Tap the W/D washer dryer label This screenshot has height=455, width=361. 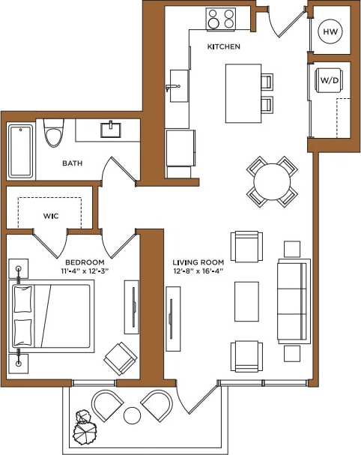[x=329, y=79]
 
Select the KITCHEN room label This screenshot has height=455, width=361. [x=224, y=47]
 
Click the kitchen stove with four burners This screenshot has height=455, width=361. [x=220, y=19]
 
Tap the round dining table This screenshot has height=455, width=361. [x=272, y=181]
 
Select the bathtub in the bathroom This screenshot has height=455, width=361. [x=21, y=151]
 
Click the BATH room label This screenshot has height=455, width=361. [x=73, y=163]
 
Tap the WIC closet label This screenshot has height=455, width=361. [x=51, y=216]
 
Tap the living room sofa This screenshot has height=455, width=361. [x=293, y=301]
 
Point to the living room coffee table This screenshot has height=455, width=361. [x=246, y=301]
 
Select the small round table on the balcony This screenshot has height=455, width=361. [x=133, y=415]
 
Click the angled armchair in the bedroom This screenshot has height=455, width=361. [x=121, y=358]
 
